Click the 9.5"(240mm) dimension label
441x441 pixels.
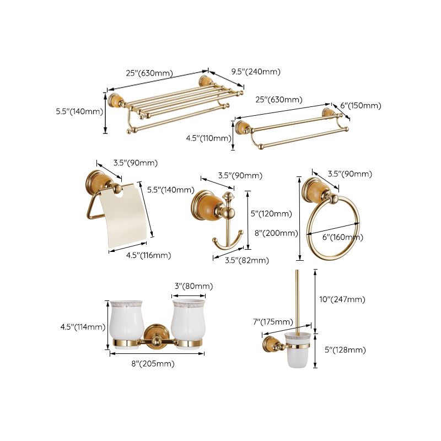[255, 72]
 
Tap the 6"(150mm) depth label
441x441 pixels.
[361, 106]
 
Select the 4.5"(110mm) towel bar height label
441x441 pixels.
[209, 138]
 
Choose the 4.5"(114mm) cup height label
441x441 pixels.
[83, 327]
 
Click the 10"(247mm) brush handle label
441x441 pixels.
[343, 299]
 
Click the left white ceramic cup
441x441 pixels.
[126, 322]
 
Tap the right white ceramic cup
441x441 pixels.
[188, 322]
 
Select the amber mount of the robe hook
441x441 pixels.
[203, 208]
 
